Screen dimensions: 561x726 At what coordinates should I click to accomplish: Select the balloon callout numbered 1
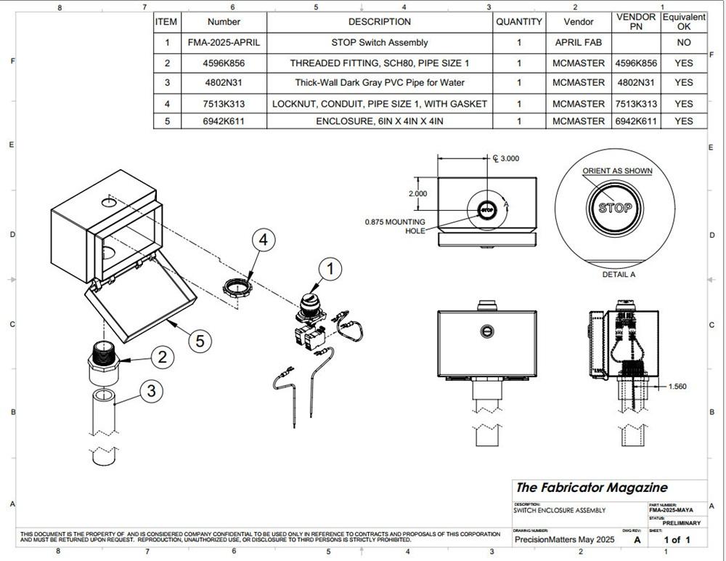pos(331,270)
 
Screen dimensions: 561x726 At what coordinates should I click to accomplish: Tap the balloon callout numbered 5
pos(200,339)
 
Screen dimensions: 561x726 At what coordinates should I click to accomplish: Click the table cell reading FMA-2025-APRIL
pos(224,43)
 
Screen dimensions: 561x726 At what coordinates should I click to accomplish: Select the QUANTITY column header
pos(519,22)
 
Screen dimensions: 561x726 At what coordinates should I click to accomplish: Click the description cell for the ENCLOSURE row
pos(380,121)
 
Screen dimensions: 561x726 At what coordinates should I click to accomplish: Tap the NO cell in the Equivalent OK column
pos(683,43)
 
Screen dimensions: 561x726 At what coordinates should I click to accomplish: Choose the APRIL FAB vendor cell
pos(578,43)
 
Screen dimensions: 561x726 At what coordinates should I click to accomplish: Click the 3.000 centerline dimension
pos(507,158)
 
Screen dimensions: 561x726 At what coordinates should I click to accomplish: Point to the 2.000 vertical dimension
pos(417,194)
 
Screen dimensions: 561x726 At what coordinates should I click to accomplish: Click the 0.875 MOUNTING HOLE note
pos(395,226)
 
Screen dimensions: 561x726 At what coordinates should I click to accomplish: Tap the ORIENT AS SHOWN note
pos(617,171)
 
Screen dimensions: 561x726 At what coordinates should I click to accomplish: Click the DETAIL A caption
pos(619,275)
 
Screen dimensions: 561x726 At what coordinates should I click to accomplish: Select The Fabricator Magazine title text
pos(592,488)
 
